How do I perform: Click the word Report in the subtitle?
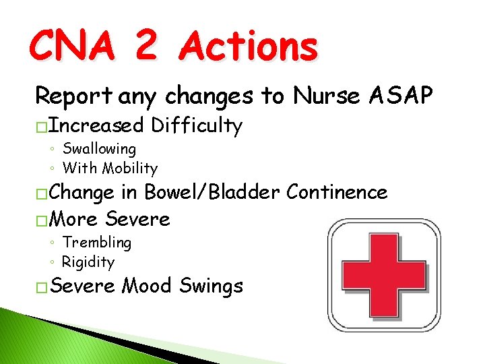click(x=74, y=97)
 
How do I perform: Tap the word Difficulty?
click(x=197, y=125)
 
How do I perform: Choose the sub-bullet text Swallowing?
click(x=99, y=149)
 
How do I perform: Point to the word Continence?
click(x=337, y=193)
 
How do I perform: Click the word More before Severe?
click(x=74, y=219)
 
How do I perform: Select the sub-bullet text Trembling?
click(x=96, y=243)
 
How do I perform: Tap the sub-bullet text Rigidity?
click(x=88, y=262)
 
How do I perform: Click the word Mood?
click(x=148, y=286)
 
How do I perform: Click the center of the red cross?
click(x=385, y=272)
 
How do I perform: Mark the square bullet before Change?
click(x=41, y=194)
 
